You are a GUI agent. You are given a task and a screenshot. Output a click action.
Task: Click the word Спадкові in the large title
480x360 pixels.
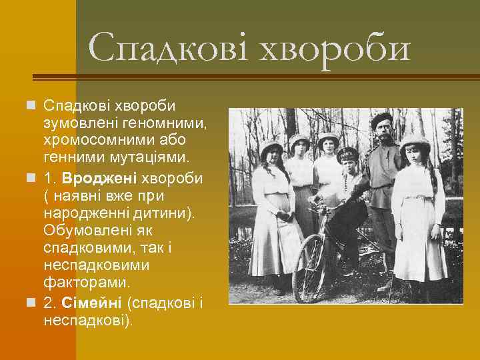coord(170,48)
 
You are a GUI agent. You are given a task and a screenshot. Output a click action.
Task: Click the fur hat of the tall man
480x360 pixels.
coord(382,119)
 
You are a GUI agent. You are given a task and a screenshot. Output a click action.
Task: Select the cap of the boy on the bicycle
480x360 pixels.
coord(347,154)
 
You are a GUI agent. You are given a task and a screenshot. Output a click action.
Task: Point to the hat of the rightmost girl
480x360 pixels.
coord(415,139)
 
